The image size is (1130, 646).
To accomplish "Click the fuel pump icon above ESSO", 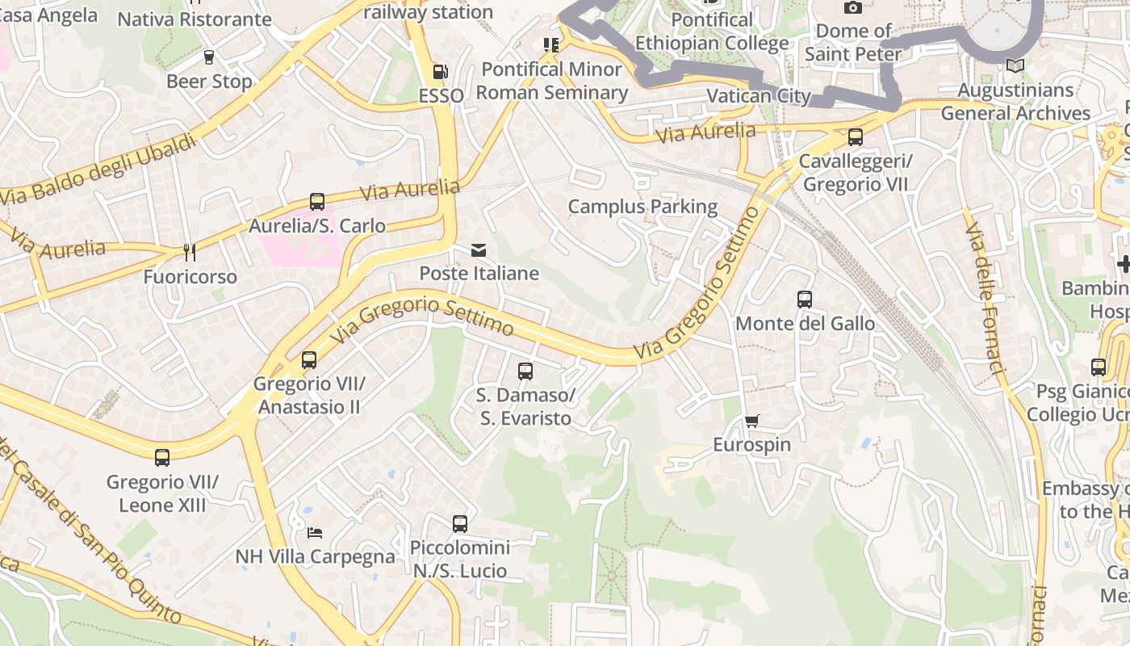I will [x=440, y=72].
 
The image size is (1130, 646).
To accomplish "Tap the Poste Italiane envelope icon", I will [x=479, y=250].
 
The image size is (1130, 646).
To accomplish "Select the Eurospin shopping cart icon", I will [x=752, y=420].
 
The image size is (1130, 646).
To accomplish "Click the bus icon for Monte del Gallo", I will [x=805, y=300].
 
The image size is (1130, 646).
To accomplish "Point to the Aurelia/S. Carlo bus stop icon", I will [x=317, y=202].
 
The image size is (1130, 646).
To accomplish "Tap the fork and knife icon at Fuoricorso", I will [x=190, y=253].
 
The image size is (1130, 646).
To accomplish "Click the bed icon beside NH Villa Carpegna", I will [x=315, y=532].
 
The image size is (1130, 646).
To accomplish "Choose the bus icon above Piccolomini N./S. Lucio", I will [x=460, y=523].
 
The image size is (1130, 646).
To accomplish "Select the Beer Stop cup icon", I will [x=209, y=57].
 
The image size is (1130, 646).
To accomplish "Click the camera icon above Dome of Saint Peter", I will [x=853, y=7].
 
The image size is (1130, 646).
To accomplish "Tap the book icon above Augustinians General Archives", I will [x=1015, y=65].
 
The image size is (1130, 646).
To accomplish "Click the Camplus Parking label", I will [x=642, y=207].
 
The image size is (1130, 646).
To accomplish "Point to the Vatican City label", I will [x=758, y=96].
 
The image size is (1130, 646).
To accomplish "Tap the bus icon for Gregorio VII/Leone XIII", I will [x=162, y=458].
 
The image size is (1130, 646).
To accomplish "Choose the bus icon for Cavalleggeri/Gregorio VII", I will [x=856, y=137].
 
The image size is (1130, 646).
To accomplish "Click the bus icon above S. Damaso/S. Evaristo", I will [x=525, y=371].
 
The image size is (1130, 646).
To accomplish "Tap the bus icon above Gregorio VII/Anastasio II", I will [x=309, y=360].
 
